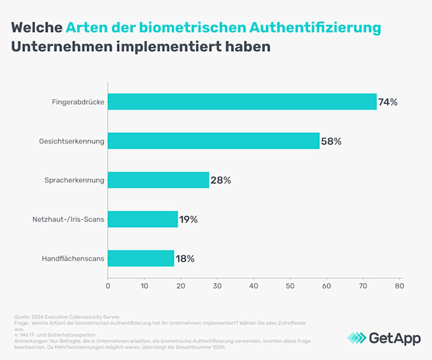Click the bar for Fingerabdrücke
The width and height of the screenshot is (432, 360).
tap(242, 102)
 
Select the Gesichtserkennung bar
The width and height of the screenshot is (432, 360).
tap(214, 141)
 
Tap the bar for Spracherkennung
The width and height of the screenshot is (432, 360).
tap(159, 180)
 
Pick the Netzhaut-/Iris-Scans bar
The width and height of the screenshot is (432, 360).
tap(143, 219)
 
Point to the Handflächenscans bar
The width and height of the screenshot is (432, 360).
tap(141, 258)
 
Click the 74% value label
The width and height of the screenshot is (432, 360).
tap(388, 103)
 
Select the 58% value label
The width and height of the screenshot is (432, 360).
tap(331, 141)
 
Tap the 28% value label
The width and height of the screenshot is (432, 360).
tap(220, 180)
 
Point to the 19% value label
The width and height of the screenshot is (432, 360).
tap(188, 219)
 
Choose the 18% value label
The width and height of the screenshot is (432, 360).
tap(185, 259)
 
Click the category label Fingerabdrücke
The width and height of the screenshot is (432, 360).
tap(78, 102)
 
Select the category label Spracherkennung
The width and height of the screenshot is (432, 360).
tap(75, 180)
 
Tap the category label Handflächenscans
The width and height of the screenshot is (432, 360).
tap(73, 259)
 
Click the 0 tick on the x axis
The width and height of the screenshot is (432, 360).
tap(108, 286)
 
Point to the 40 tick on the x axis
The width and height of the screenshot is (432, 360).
tap(254, 286)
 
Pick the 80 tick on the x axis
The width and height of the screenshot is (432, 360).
tap(399, 286)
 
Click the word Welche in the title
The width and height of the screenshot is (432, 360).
tap(36, 28)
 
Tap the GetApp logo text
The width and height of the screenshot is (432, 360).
tap(394, 338)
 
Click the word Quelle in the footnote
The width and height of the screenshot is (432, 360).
tap(22, 317)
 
